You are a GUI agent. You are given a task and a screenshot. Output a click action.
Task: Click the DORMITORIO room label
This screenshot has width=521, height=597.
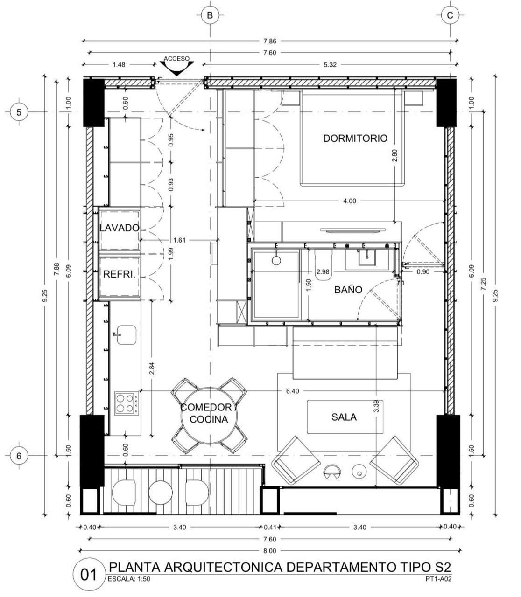355,138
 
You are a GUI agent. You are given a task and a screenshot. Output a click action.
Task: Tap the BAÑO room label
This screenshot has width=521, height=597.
348,290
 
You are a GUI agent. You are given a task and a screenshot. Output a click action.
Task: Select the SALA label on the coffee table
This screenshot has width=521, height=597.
344,417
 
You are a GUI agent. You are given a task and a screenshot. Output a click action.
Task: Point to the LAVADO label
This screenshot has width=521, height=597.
120,228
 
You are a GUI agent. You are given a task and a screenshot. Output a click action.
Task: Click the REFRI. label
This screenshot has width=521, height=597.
120,274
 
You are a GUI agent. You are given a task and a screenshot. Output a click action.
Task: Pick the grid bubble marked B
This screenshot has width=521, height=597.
210,15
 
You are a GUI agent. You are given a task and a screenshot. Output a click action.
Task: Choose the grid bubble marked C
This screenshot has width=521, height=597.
450,15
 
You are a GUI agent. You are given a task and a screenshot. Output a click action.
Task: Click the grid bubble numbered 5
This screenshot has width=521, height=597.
19,112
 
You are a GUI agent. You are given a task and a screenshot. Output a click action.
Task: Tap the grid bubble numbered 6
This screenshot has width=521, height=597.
19,456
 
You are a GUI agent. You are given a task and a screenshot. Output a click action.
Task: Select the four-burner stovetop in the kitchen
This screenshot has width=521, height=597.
127,403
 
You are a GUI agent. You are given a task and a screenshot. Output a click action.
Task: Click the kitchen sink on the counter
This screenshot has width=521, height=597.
126,335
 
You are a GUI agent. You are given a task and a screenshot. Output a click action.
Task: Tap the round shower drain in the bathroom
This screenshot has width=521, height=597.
276,260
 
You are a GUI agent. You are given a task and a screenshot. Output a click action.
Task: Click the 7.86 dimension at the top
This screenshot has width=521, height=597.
269,41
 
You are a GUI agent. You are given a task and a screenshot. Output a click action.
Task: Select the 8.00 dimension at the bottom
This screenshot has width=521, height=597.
269,551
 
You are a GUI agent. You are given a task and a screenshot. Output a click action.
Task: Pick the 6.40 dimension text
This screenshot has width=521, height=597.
292,391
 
